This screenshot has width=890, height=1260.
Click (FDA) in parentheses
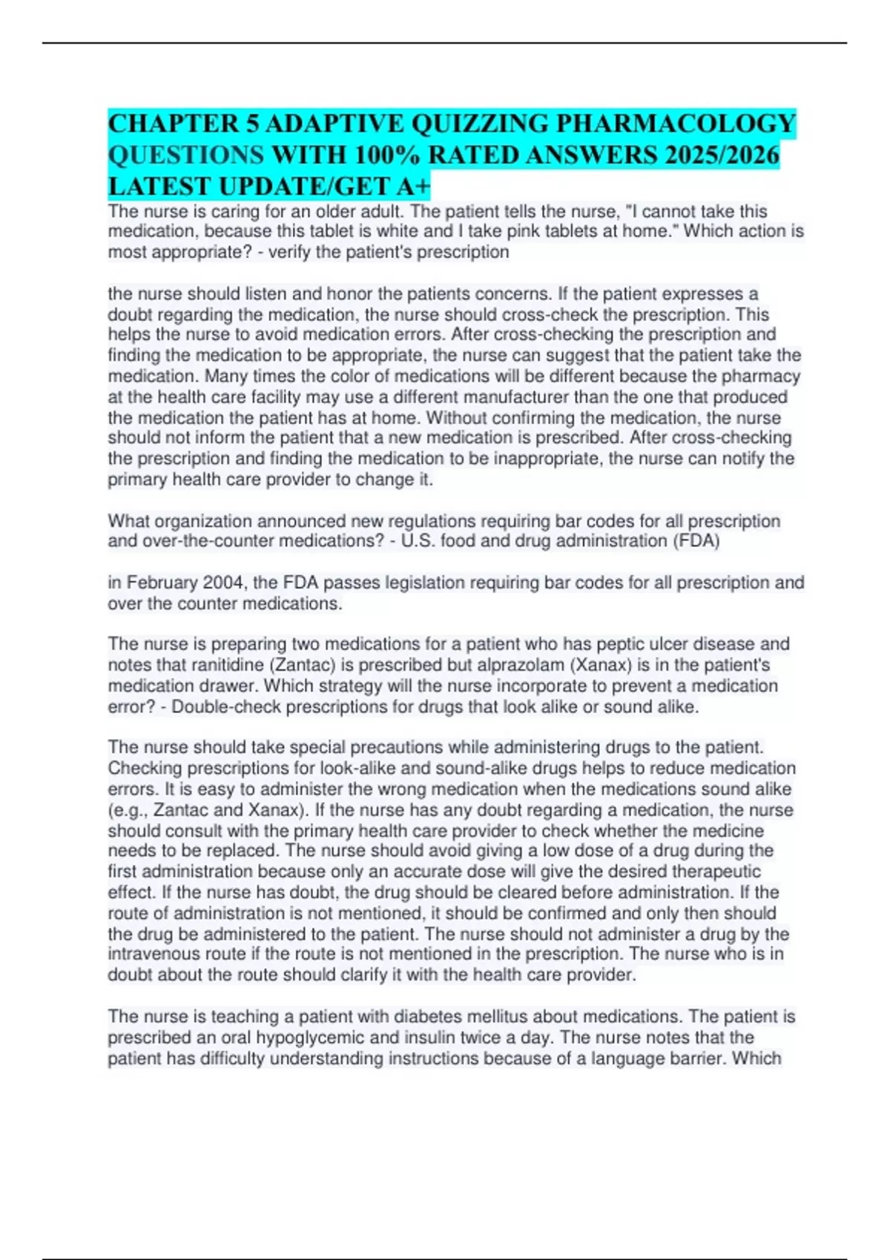[696, 541]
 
